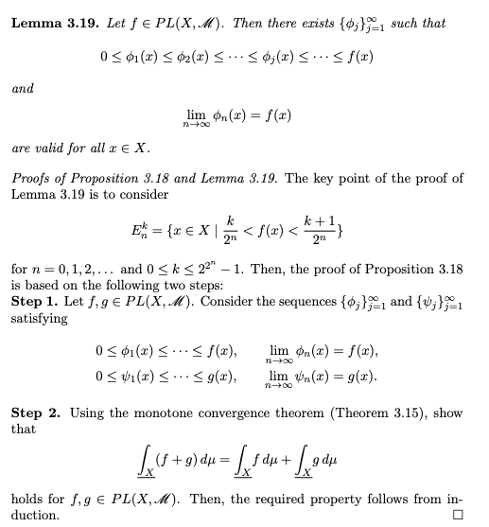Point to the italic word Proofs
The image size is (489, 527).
tap(34, 180)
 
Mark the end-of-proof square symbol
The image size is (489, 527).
tap(459, 515)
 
